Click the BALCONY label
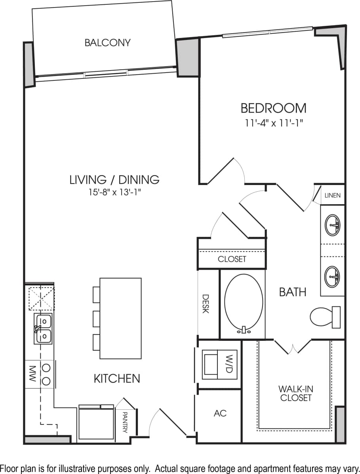(107, 43)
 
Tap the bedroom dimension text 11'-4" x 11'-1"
(274, 123)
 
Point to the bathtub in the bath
(243, 304)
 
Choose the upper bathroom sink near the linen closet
(332, 226)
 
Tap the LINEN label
(332, 196)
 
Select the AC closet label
(220, 413)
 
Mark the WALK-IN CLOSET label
(296, 393)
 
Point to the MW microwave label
(33, 374)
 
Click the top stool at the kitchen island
(96, 294)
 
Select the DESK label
(206, 304)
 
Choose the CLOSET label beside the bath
(232, 259)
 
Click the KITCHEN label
(117, 378)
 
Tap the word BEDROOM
(274, 108)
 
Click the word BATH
(293, 292)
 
